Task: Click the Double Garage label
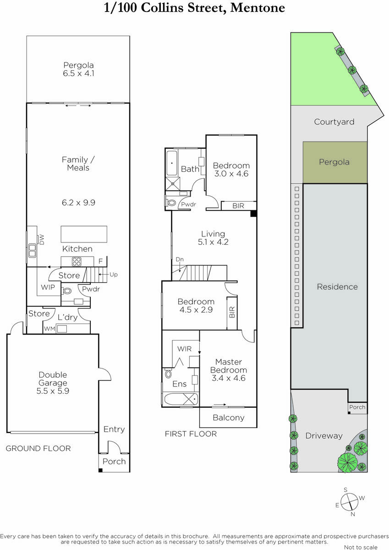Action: tap(53, 379)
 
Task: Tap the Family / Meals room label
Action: tap(78, 164)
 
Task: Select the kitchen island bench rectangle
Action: tap(84, 234)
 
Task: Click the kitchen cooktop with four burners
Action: tap(77, 262)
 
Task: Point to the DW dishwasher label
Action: tap(42, 240)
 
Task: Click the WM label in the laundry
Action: tap(49, 329)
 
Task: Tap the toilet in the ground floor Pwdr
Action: tap(66, 291)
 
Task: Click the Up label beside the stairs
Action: tap(113, 275)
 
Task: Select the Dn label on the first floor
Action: tap(180, 259)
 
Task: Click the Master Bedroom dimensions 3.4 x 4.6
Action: tap(229, 378)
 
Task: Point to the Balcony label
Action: tap(229, 418)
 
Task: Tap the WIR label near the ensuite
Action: tap(184, 349)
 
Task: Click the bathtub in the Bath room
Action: tap(172, 163)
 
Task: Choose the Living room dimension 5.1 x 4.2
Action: tap(213, 242)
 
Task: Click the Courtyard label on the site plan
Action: tap(334, 122)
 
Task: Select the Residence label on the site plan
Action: tap(337, 287)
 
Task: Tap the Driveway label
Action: tap(324, 436)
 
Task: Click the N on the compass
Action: tap(353, 514)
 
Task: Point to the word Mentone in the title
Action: tap(258, 8)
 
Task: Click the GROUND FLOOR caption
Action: tap(38, 449)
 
